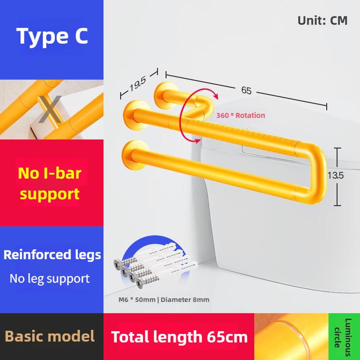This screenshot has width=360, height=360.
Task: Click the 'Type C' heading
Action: (x=52, y=36)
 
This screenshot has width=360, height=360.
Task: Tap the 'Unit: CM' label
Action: (x=322, y=21)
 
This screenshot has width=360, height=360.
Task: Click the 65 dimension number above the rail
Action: (x=246, y=90)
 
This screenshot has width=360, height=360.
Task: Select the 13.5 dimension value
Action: (x=335, y=175)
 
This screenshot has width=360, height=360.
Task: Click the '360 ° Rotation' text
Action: (x=241, y=115)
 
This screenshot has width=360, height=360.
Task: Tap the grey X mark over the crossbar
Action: (x=50, y=109)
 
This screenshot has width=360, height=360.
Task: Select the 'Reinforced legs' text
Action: (x=52, y=255)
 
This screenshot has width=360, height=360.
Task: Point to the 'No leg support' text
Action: (x=49, y=279)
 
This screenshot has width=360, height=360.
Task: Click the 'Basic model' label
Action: (x=49, y=336)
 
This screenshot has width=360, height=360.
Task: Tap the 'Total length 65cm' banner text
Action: (x=179, y=337)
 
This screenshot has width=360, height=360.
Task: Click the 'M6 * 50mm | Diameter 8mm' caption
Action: (x=164, y=300)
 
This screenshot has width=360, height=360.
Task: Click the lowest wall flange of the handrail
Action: (x=133, y=155)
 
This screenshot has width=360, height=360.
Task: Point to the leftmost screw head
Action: (x=118, y=264)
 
